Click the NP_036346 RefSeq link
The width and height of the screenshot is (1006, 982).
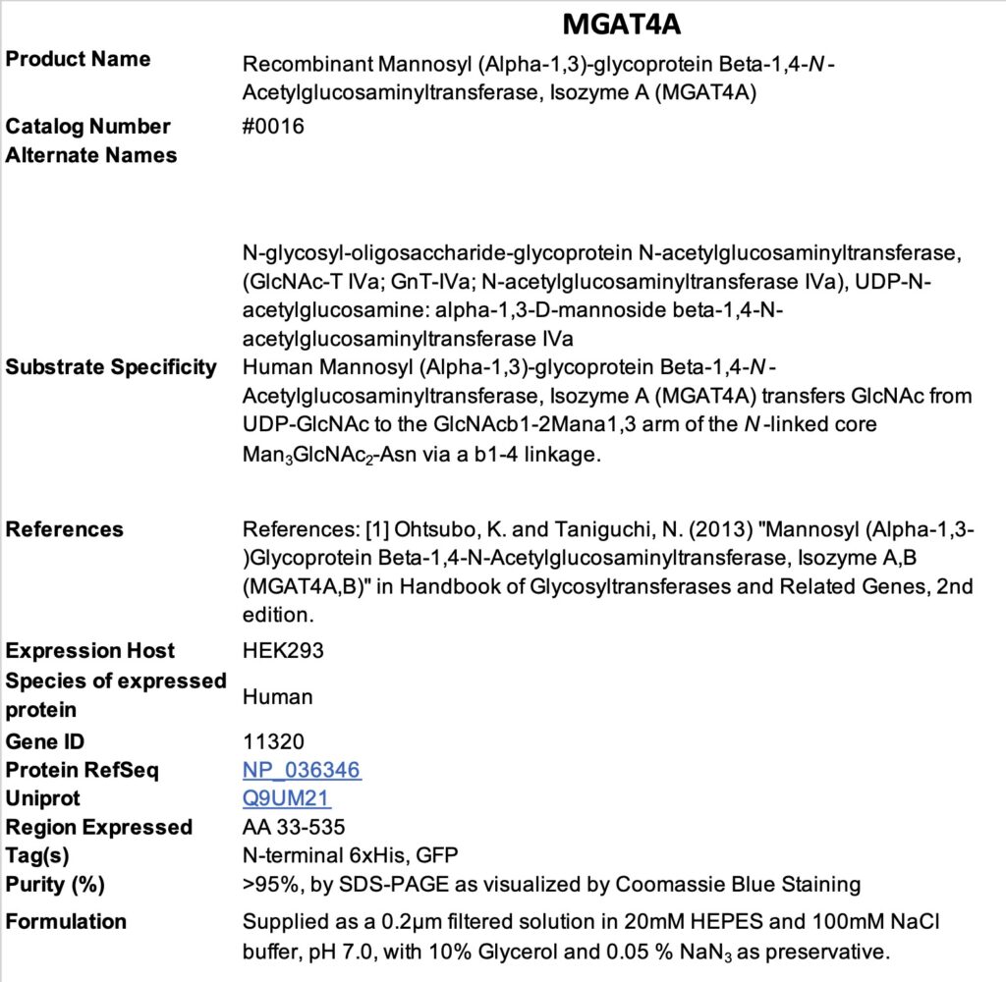tap(302, 770)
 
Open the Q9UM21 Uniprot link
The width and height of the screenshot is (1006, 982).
tap(287, 798)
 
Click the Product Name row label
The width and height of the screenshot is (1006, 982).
tap(79, 59)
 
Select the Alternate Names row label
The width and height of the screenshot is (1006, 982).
tap(91, 155)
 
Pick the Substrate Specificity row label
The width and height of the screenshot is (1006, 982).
tap(111, 367)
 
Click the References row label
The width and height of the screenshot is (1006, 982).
tap(65, 529)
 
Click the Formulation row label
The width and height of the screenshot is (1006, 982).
tap(66, 921)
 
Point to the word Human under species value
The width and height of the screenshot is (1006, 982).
tap(278, 697)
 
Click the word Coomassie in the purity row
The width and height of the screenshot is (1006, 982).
tap(665, 884)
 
